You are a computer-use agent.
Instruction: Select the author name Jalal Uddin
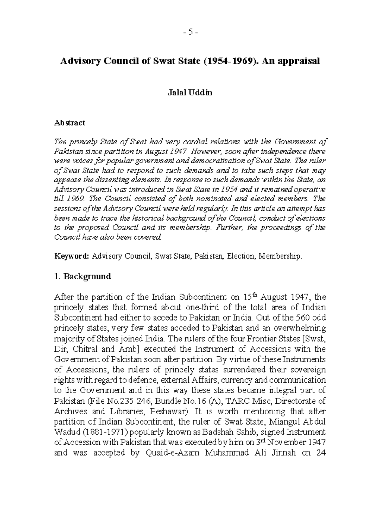[190, 93]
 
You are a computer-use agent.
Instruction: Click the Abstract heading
[70, 123]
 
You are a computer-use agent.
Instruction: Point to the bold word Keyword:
[72, 256]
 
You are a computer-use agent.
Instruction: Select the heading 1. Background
[82, 276]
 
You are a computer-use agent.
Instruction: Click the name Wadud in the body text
[65, 432]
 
